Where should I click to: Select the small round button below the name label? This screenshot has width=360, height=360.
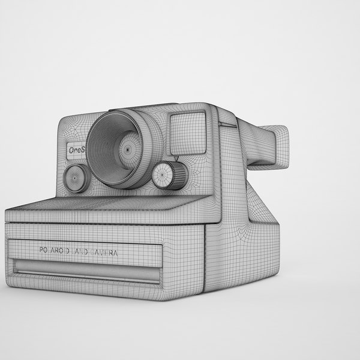75,178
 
